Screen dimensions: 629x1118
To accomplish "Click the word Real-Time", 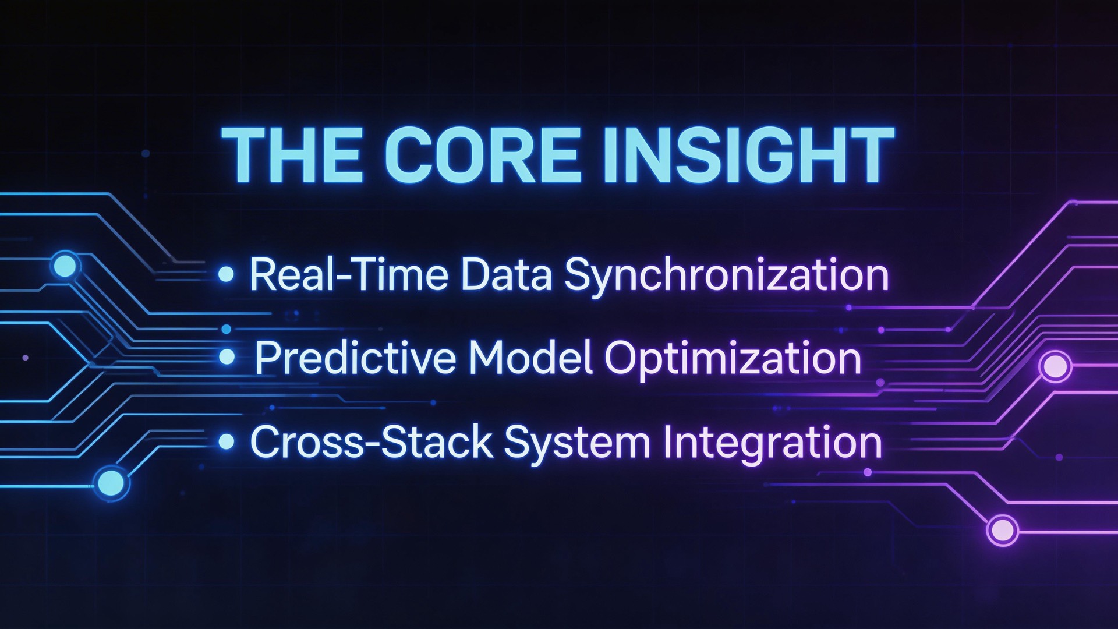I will point(348,274).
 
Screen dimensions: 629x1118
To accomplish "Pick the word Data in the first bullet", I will point(505,274).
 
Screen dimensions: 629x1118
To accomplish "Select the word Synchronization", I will point(726,275).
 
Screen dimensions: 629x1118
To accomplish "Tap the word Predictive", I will point(355,358).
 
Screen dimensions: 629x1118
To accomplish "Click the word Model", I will point(530,358).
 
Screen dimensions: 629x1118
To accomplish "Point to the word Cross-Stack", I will point(371,442).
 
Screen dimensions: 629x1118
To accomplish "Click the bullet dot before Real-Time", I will point(226,274).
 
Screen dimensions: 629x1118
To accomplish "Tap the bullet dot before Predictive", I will point(227,357).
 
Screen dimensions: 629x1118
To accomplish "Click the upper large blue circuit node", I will point(65,267).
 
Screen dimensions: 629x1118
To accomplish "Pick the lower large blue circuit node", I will point(111,483).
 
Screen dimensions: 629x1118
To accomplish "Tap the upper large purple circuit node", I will point(1055,366).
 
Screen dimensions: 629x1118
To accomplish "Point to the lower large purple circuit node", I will point(1002,530).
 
